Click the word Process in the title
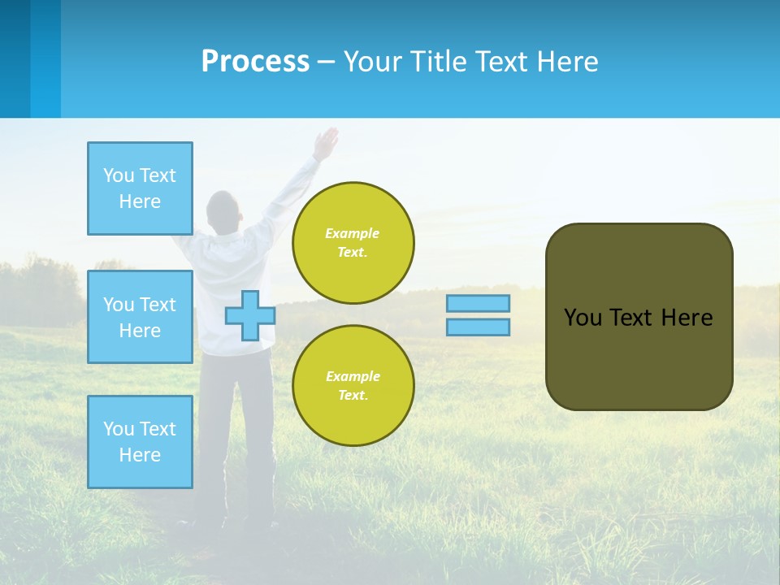tap(255, 62)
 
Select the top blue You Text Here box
tap(140, 188)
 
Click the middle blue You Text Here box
tap(140, 317)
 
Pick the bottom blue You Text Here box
tap(140, 442)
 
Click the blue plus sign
tap(250, 316)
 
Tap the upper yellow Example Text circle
tap(353, 243)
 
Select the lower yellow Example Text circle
tap(353, 386)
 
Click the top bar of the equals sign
tap(478, 304)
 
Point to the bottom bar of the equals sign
tap(478, 327)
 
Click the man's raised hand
tap(326, 144)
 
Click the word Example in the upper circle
tap(353, 233)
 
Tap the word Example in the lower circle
tap(353, 376)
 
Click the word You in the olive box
tap(583, 318)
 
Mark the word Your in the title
tap(370, 62)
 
